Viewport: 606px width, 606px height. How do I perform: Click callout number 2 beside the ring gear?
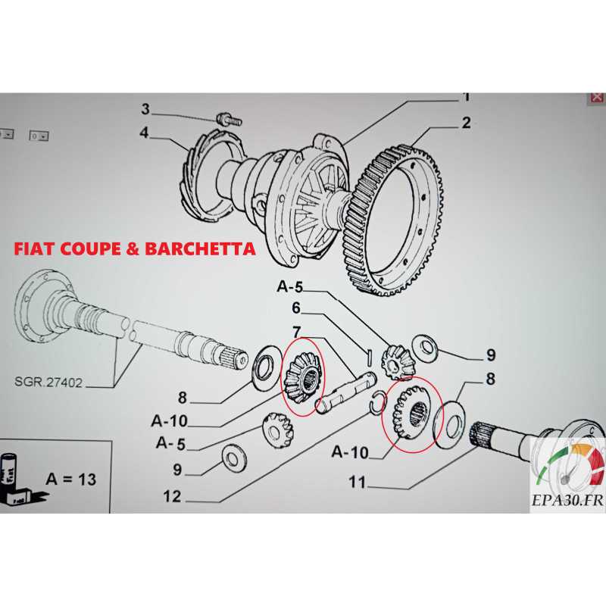[466, 123]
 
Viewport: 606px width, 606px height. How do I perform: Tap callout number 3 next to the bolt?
[145, 110]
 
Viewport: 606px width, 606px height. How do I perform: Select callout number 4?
[144, 133]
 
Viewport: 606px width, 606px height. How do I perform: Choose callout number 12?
[171, 496]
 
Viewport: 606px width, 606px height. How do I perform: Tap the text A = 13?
[70, 479]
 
